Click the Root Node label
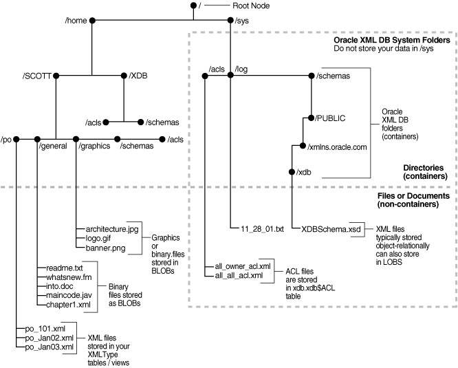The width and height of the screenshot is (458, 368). click(250, 6)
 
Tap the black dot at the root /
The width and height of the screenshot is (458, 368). click(193, 6)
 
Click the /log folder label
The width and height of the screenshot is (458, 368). click(243, 67)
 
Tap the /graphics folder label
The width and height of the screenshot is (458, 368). click(94, 145)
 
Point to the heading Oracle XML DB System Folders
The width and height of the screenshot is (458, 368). click(392, 41)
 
